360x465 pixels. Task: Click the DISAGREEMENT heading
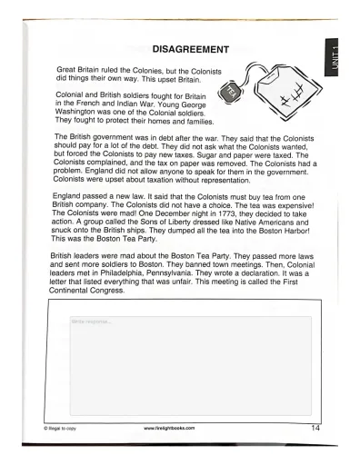pyautogui.click(x=189, y=47)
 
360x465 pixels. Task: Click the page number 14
pyautogui.click(x=315, y=427)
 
